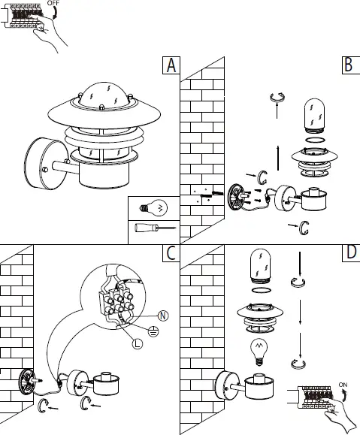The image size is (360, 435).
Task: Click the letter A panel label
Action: coord(171,65)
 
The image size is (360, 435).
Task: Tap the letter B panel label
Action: coord(347,65)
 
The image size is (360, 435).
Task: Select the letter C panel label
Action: coord(171,253)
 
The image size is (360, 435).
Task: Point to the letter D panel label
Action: coord(348,253)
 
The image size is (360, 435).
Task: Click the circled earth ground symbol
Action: coord(153,330)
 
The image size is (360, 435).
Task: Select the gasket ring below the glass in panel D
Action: coord(260,292)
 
